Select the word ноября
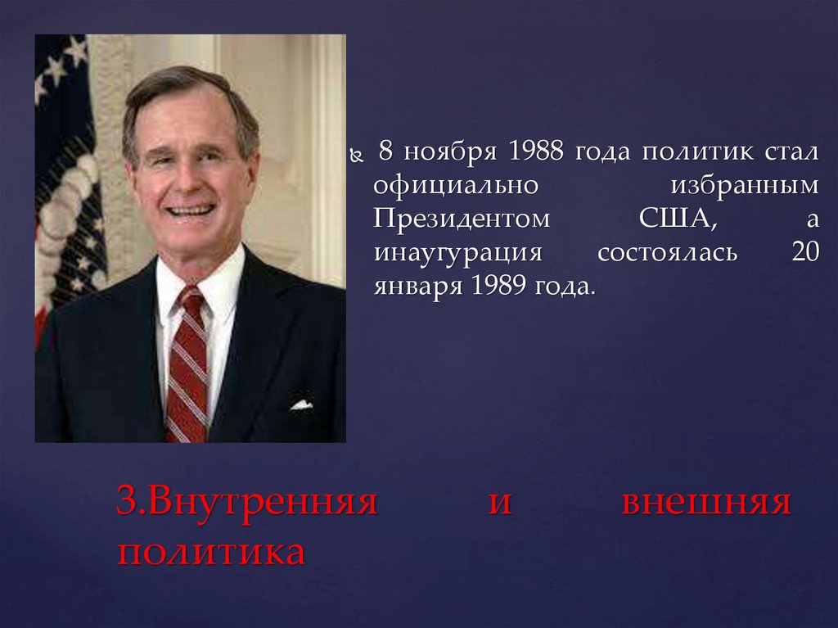click(448, 153)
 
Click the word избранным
click(744, 186)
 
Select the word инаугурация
click(458, 253)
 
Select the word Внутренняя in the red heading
click(246, 501)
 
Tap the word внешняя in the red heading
click(706, 501)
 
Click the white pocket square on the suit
click(301, 404)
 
